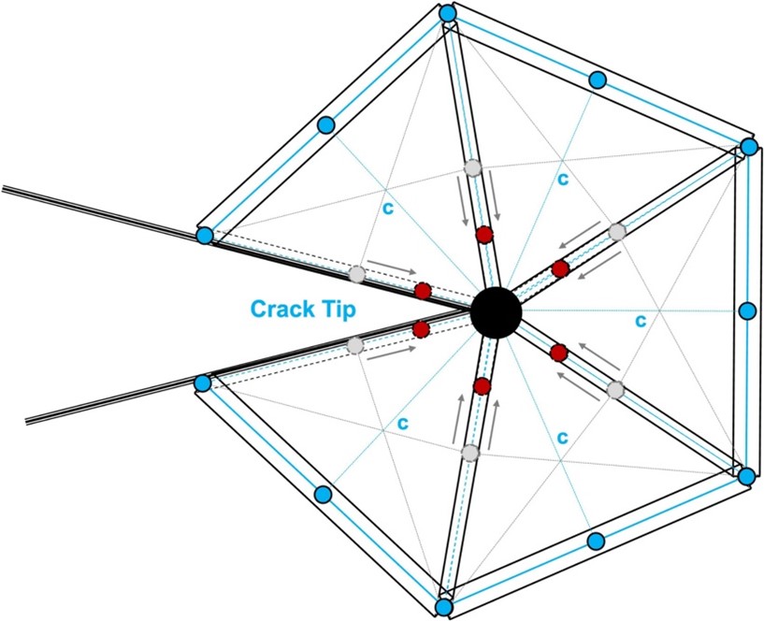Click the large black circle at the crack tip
coord(495,311)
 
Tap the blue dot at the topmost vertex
coord(448,13)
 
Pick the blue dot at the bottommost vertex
coord(444,608)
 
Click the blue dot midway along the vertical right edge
coord(746,311)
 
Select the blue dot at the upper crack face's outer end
coord(205,236)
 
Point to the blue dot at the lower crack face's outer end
coord(202,383)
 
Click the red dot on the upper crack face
coord(422,291)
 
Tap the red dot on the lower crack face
coord(421,329)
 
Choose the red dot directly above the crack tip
coord(483,235)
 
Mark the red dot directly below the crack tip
coord(483,386)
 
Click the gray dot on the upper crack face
coord(356,275)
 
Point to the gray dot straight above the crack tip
coord(473,168)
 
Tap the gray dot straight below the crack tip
coord(470,453)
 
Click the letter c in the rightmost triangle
coord(641,321)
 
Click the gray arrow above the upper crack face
coord(388,267)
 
